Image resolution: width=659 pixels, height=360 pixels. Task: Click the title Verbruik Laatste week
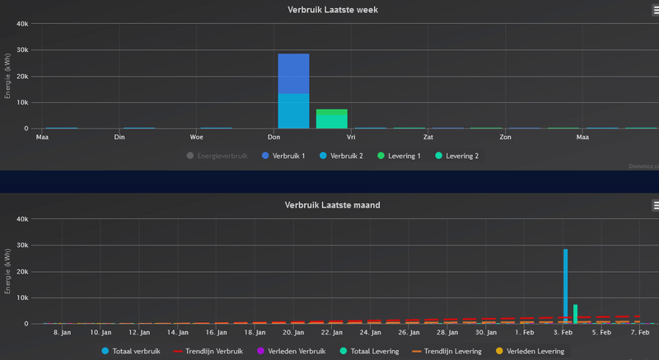tap(332, 9)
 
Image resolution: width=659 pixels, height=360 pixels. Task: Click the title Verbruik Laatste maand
tap(332, 204)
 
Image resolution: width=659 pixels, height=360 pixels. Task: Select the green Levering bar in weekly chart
tap(331, 119)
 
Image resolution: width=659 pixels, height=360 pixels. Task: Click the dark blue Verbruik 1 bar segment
tap(293, 73)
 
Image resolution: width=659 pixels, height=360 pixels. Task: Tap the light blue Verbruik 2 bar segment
tap(293, 110)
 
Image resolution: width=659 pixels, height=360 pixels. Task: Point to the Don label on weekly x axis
tap(274, 137)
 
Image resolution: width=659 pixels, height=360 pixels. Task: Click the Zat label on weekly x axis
tap(428, 137)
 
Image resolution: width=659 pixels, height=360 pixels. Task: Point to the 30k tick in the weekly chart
tap(23, 49)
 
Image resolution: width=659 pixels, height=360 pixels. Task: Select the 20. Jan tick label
tap(292, 332)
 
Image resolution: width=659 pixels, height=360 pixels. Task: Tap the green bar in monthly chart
tap(575, 314)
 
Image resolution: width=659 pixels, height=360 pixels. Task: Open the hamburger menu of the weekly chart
tap(656, 10)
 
